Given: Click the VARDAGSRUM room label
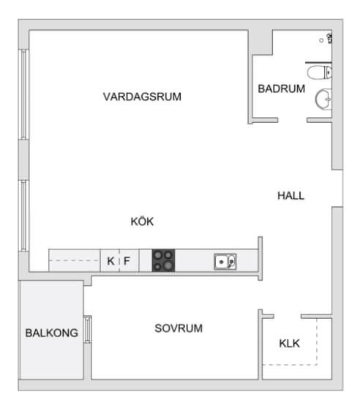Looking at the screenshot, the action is [142, 97].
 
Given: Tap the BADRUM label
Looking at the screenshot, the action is [281, 88].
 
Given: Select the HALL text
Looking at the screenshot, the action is [290, 196].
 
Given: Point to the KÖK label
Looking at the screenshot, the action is [142, 222].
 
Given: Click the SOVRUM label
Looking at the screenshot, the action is [179, 328].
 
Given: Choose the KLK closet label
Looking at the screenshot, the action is [290, 343].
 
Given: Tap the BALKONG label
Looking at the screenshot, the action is [52, 333].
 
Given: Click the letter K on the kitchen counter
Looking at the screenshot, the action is [110, 261].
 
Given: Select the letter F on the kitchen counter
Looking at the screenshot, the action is [127, 261].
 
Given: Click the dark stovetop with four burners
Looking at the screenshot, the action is [164, 260].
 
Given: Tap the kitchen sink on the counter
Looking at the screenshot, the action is [225, 262].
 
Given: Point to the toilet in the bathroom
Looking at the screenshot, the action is [319, 72].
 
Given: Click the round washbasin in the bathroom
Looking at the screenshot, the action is [323, 99].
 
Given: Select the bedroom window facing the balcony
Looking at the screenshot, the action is [87, 329].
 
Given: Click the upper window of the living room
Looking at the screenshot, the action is [23, 94].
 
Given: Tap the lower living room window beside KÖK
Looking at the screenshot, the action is [23, 216].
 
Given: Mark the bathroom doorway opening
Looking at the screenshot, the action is [293, 120].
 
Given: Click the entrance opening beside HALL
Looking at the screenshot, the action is [337, 188].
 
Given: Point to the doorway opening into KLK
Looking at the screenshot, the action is [288, 316].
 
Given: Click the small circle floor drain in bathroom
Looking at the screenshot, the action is [321, 40].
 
